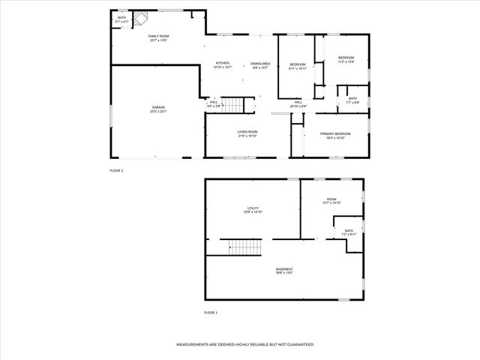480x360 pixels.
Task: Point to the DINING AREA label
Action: click(x=260, y=64)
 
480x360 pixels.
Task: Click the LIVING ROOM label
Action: click(x=247, y=133)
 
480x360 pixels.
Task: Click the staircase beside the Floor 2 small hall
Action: click(x=235, y=106)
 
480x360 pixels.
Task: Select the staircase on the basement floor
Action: click(x=244, y=247)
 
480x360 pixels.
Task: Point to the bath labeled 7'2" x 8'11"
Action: click(x=349, y=232)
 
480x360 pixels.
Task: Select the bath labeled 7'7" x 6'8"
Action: click(x=352, y=100)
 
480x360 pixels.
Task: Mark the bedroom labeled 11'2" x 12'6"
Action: click(x=345, y=59)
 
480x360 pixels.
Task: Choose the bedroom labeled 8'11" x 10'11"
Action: click(x=298, y=66)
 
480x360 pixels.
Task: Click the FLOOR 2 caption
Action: click(x=116, y=171)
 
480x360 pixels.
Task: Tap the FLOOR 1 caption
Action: click(x=211, y=312)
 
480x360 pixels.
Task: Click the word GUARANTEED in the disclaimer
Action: click(x=298, y=344)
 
